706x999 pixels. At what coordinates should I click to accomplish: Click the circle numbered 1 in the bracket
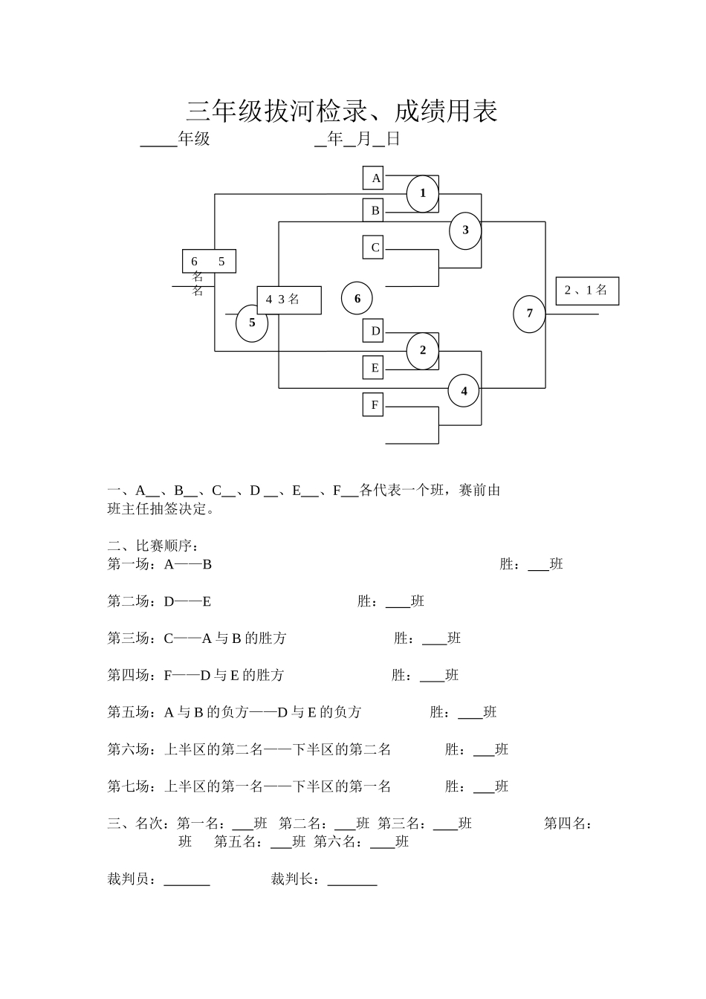coord(423,193)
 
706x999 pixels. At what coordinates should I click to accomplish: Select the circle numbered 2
coord(423,350)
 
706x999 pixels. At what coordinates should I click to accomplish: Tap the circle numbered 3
coord(465,230)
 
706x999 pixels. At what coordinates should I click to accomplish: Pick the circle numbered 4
coord(464,391)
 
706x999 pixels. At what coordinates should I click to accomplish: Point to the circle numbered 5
coord(252,323)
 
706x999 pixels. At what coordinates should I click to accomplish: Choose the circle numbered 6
coord(357,299)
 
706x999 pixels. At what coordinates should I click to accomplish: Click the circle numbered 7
coord(529,313)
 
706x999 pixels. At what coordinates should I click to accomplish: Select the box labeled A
coord(373,178)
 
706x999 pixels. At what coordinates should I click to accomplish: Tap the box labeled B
coord(373,210)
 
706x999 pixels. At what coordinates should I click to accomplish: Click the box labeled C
coord(373,248)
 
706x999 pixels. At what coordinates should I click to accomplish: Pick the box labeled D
coord(373,331)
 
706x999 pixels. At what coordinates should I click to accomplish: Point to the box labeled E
coord(373,367)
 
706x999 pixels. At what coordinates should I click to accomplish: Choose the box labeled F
coord(373,404)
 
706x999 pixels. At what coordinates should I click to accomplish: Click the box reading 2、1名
coord(587,291)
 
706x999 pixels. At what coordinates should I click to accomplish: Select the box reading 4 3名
coord(289,300)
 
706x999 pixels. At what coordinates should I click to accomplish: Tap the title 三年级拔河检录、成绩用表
coord(342,111)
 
